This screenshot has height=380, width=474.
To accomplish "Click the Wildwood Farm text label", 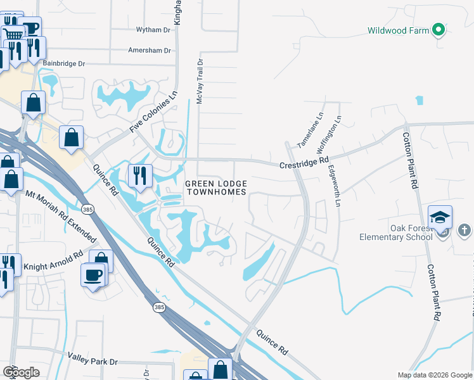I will point(397,30).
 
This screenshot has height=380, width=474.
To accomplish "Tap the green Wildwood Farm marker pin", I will point(437,30).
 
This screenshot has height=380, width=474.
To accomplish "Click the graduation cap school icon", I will point(440,217).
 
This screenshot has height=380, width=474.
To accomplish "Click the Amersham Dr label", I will point(150,50).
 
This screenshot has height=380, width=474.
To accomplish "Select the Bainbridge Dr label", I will point(63,64).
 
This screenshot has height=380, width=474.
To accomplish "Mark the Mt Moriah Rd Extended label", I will point(61,216).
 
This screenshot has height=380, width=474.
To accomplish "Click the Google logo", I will point(21,372).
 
